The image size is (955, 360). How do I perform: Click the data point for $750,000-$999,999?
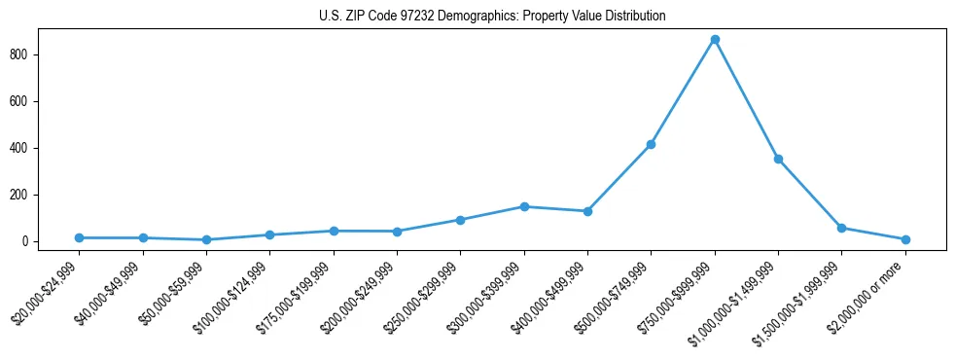[x=715, y=40]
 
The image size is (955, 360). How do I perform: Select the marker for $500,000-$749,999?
[x=651, y=144]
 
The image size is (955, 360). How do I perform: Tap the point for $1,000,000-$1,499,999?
[x=778, y=159]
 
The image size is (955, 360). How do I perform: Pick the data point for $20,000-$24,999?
[x=79, y=237]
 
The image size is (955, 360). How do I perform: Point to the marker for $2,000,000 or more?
[x=905, y=239]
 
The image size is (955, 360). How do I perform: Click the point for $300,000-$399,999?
[x=524, y=206]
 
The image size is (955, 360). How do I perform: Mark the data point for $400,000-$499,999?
[x=587, y=211]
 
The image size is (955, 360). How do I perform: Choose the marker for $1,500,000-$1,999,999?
[x=841, y=228]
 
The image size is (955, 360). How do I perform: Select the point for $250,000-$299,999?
[x=460, y=220]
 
